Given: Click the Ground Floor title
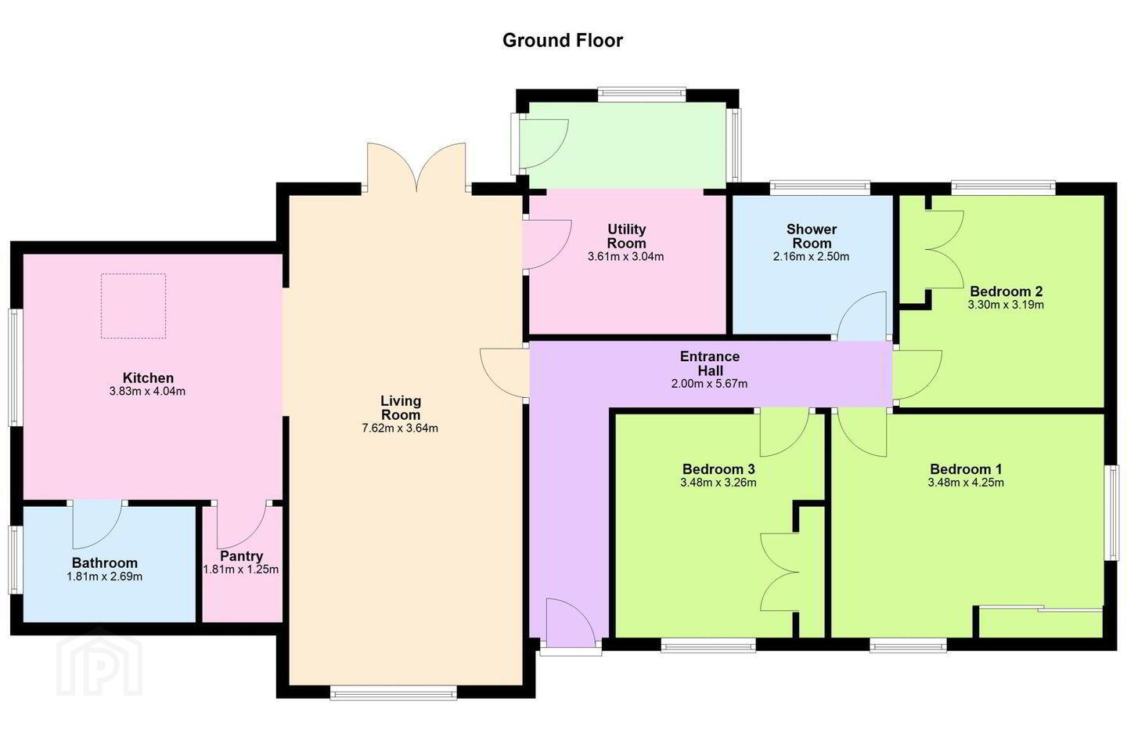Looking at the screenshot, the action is (563, 40).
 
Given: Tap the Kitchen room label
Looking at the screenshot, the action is (148, 378).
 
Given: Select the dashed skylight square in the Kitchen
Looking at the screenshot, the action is (133, 306).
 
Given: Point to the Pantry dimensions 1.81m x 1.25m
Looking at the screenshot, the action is (241, 569).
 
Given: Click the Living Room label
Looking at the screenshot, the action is (401, 408).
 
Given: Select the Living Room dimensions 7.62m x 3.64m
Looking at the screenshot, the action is (400, 428).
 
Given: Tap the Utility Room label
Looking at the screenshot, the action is (626, 237).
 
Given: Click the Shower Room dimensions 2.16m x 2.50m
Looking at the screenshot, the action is (811, 257).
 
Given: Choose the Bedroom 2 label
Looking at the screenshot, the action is (1006, 291).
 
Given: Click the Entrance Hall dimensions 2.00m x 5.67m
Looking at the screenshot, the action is (709, 384).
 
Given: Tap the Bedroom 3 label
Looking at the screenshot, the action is (718, 469).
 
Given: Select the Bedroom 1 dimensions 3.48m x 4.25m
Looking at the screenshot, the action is (966, 483).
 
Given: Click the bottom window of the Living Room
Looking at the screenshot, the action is (394, 693).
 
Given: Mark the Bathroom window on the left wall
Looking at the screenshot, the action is (16, 559).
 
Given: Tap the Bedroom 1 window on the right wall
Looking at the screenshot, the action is (1111, 513).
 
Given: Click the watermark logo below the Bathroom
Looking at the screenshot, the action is (99, 663).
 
